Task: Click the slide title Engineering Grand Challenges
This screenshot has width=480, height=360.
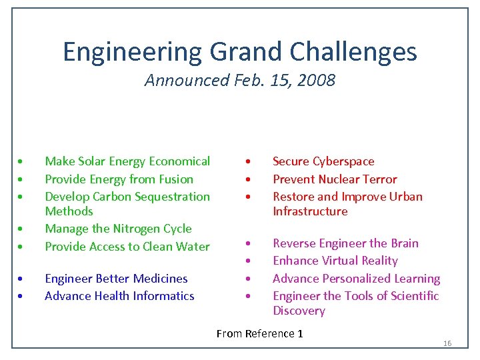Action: click(x=240, y=51)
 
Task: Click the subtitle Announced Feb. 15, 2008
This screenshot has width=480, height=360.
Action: click(x=240, y=81)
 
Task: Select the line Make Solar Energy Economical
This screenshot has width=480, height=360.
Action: click(x=127, y=161)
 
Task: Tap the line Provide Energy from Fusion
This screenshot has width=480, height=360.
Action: click(x=119, y=179)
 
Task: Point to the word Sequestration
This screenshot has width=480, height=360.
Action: click(x=172, y=197)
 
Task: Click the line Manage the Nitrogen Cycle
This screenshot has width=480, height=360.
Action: click(x=118, y=229)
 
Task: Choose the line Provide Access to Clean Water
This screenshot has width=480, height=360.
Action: click(x=127, y=247)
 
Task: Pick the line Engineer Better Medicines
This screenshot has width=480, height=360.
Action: click(x=116, y=279)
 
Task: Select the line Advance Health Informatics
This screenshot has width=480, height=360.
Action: click(x=119, y=296)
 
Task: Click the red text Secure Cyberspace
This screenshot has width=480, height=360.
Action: click(x=323, y=161)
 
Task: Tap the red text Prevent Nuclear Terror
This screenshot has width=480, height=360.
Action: click(x=335, y=179)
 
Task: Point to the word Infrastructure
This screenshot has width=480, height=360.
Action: click(x=310, y=211)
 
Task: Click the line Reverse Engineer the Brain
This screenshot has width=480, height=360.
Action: click(x=345, y=243)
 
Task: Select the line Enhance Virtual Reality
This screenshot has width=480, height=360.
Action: click(x=335, y=261)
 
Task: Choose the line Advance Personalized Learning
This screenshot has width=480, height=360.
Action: click(x=356, y=279)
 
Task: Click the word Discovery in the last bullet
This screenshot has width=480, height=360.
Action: click(x=299, y=311)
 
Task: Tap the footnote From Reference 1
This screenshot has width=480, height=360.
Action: click(x=259, y=333)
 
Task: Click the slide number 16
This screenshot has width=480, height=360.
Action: click(x=447, y=343)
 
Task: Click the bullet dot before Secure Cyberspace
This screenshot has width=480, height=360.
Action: click(x=247, y=162)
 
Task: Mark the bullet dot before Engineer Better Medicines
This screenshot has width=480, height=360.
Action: click(x=22, y=279)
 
